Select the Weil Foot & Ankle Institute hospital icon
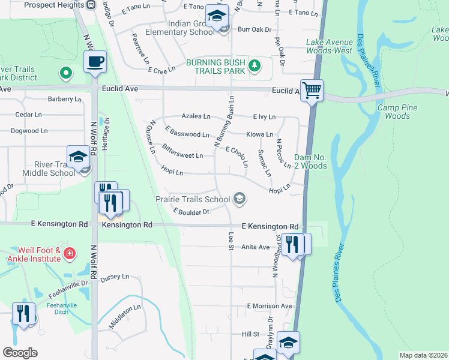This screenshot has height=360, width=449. pos(70,254)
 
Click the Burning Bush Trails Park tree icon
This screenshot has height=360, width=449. pos(255,66)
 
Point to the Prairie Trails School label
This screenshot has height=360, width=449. pos(192,199)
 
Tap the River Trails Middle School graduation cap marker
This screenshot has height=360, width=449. pos(78,158)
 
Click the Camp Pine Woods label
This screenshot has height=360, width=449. pos(397,112)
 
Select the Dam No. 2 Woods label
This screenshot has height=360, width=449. pos(310,162)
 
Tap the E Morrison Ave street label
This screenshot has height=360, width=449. pos(269,306)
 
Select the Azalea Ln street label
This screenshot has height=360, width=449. pos(196,116)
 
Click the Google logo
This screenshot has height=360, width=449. pos(20,353)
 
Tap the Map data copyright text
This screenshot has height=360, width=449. pos(423,355)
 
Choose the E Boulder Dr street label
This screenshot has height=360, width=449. pos(191,211)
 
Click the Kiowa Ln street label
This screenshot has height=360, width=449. pos(260,134)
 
